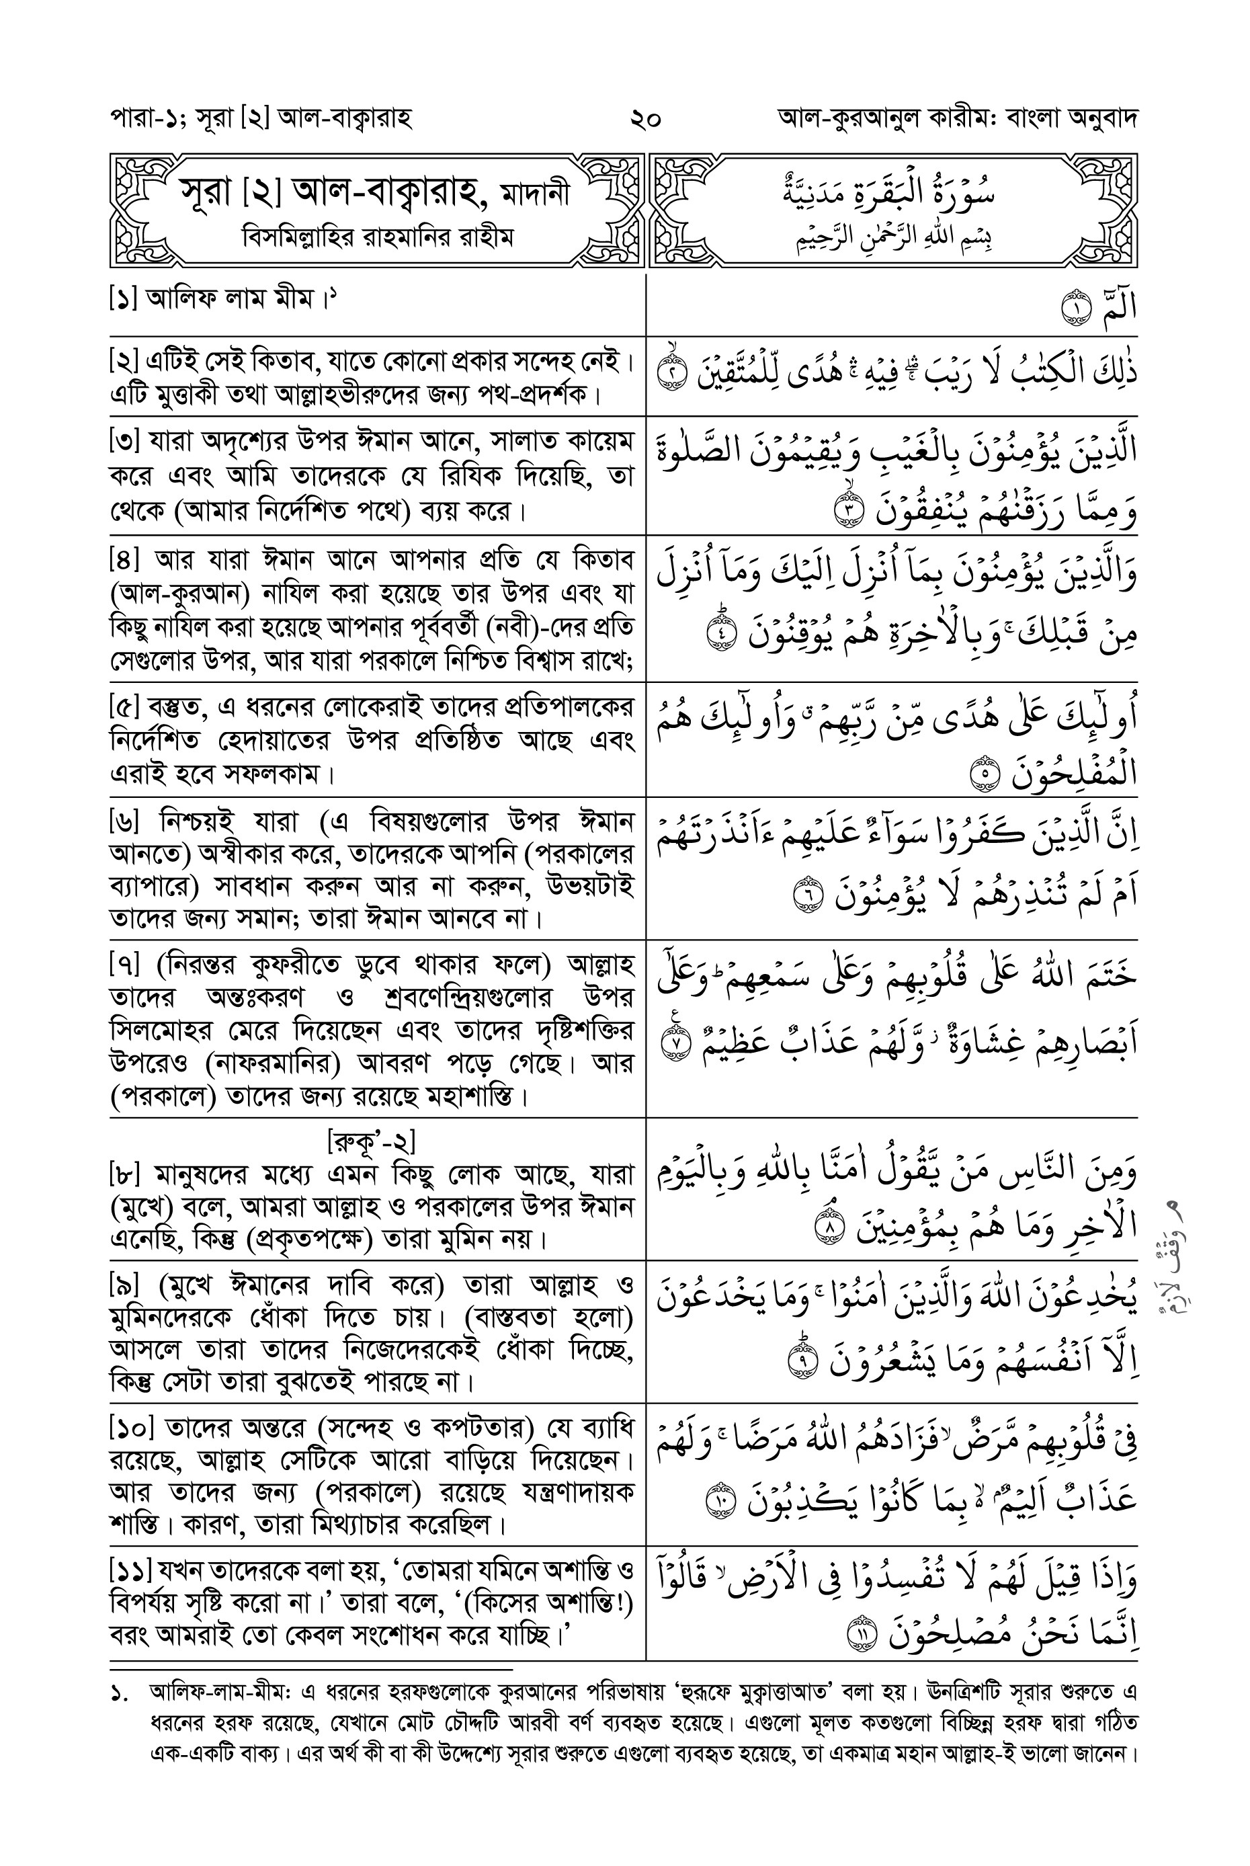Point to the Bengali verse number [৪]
point(124,560)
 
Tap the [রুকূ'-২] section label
point(372,1142)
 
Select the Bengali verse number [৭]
point(124,966)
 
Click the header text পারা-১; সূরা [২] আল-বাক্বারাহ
point(260,120)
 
